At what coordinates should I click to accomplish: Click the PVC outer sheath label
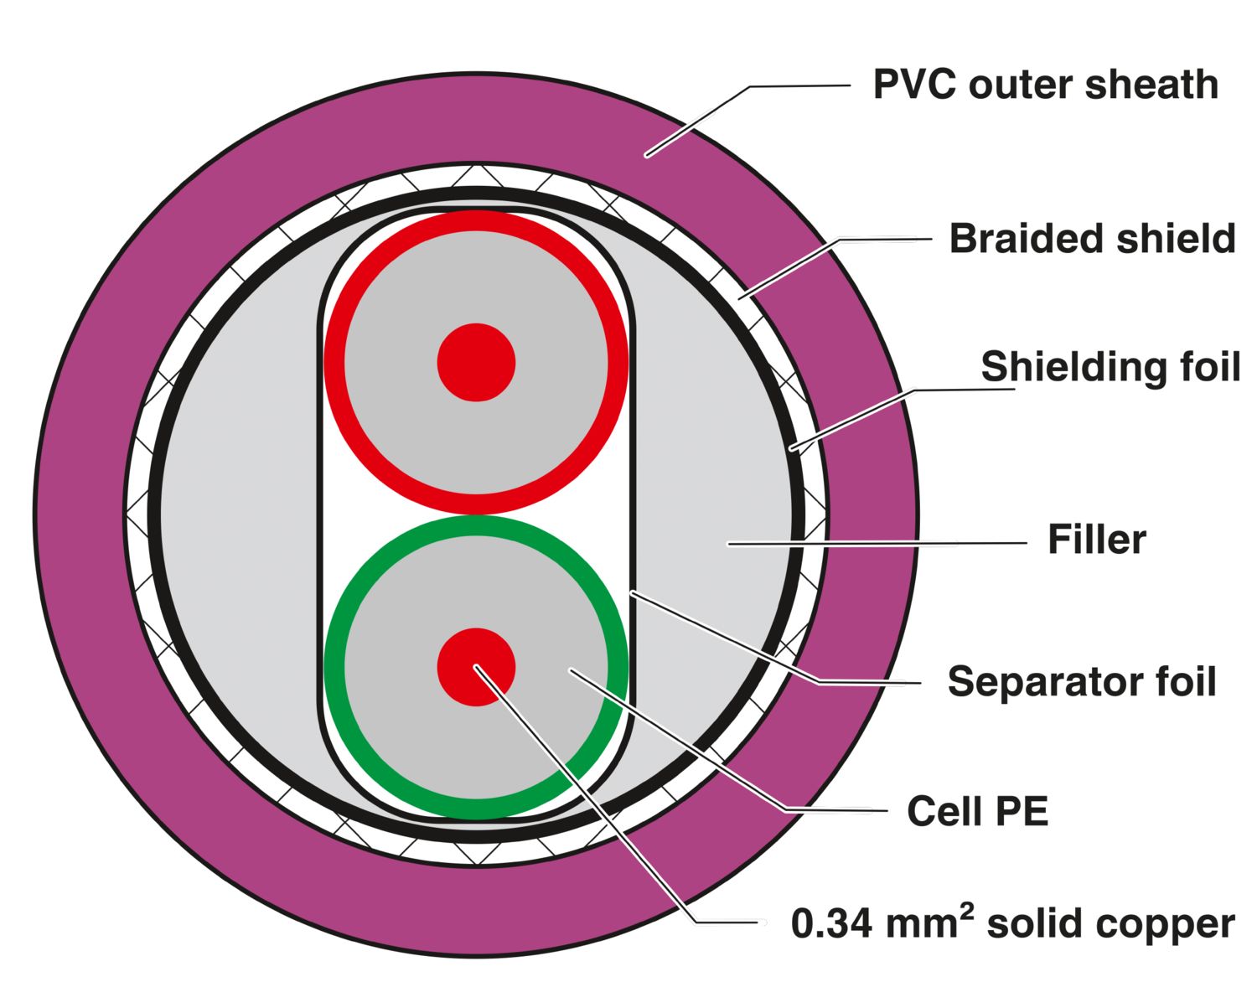pos(1045,85)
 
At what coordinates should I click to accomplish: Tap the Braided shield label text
pos(1092,238)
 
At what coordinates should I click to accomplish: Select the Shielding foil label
pos(1110,367)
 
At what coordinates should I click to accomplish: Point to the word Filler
pos(1097,540)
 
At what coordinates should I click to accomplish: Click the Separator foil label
pos(1082,680)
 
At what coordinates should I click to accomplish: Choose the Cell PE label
pos(978,811)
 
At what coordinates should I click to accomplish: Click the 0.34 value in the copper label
pos(830,923)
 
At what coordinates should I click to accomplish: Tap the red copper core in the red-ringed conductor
pos(476,362)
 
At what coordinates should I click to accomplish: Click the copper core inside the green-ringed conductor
pos(476,667)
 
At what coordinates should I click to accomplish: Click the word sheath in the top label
pos(1151,85)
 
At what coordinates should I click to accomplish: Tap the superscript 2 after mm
pos(965,912)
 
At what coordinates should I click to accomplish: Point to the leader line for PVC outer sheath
pos(748,121)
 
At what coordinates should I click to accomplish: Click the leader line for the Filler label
pos(877,544)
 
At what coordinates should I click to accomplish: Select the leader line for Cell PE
pos(729,740)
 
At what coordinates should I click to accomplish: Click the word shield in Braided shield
pos(1176,238)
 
